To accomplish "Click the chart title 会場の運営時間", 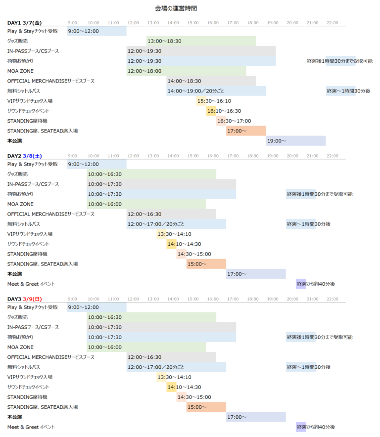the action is point(176,8).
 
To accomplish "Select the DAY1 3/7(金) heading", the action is point(25,23).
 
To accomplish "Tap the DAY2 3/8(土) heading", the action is point(25,156).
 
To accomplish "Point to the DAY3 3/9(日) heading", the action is point(25,299).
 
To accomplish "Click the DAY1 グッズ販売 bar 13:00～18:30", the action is point(201,41).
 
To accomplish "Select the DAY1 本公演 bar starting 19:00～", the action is point(296,141).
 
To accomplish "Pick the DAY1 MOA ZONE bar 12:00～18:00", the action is point(186,71).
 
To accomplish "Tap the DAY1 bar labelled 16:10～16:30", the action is point(211,111).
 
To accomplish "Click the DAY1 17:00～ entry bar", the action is point(246,131).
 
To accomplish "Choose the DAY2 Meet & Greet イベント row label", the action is point(31,284).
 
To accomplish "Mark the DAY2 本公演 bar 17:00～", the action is point(256,274).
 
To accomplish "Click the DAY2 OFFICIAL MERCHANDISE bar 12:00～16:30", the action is point(171,214).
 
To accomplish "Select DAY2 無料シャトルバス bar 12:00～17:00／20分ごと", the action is point(176,224).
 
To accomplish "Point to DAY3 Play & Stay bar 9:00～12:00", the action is point(97,307).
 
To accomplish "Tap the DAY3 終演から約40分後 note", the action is point(316,427).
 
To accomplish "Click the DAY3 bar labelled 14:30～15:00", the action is point(182,397).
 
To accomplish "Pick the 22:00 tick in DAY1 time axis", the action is point(332,23).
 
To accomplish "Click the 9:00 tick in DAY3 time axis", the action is point(72,299).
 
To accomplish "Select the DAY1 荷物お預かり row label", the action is point(20,61).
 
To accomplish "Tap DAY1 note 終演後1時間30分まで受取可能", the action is point(339,61).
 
